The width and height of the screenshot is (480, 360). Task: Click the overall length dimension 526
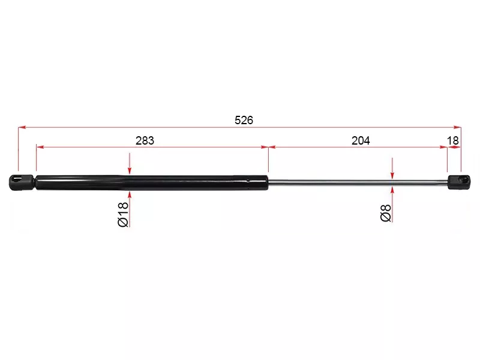pos(244,121)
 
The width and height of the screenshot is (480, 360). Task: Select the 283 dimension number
pos(145,141)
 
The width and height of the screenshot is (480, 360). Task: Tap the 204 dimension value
pos(361,141)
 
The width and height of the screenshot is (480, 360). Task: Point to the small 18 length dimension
pos(453,141)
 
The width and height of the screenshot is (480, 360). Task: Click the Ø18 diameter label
pos(123,214)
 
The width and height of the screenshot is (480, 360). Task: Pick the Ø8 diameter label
pos(386,213)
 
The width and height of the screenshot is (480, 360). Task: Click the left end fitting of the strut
pos(22,182)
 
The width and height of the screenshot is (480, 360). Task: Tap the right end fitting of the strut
pos(459,182)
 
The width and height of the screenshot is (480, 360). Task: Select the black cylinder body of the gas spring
pos(152,183)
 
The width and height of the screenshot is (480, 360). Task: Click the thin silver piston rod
pos(358,182)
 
